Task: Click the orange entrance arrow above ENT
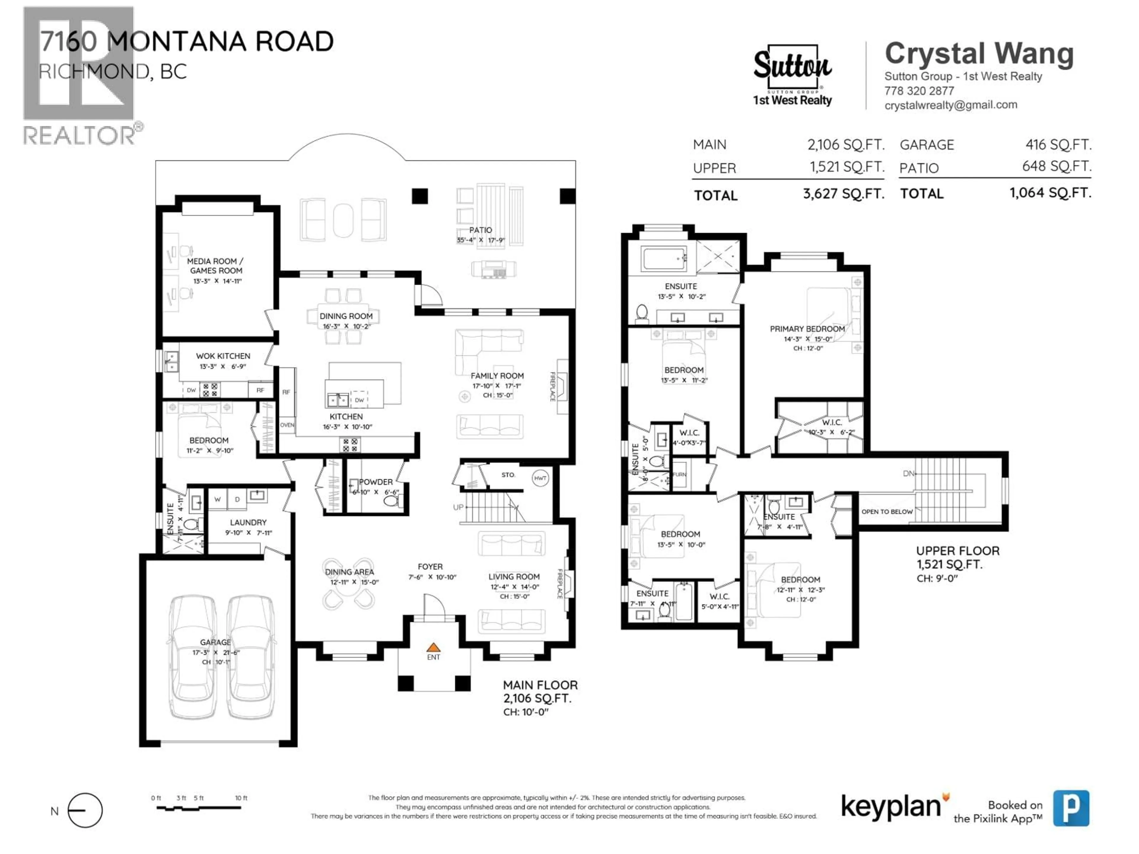coord(434,647)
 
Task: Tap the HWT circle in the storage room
coord(540,478)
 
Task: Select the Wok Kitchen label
coord(223,356)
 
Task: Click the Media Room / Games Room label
coord(215,266)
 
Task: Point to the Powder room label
coord(376,482)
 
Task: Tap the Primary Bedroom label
coord(807,329)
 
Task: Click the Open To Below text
coord(887,512)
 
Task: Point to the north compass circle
coord(85,810)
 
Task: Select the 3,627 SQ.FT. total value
coord(844,194)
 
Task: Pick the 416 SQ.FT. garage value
coord(1058,145)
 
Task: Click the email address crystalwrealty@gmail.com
coord(951,105)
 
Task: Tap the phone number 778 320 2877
coord(919,91)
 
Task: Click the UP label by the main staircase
coord(458,507)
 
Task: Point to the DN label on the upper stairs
coord(909,473)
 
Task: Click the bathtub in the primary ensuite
coord(664,258)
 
